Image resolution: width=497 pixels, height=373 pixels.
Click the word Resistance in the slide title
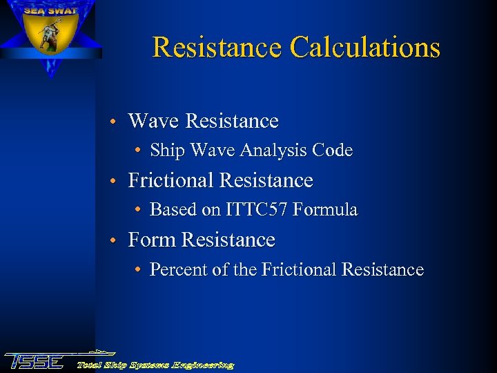click(x=217, y=47)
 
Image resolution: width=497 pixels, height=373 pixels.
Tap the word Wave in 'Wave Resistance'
click(x=154, y=122)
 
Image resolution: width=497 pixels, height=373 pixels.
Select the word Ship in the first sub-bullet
click(x=164, y=151)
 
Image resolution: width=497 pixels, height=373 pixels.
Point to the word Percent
click(x=177, y=270)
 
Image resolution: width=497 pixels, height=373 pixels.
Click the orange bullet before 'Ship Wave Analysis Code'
click(x=139, y=151)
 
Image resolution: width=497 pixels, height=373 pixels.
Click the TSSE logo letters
click(x=35, y=361)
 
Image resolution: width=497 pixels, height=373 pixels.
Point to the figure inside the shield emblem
click(x=49, y=36)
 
